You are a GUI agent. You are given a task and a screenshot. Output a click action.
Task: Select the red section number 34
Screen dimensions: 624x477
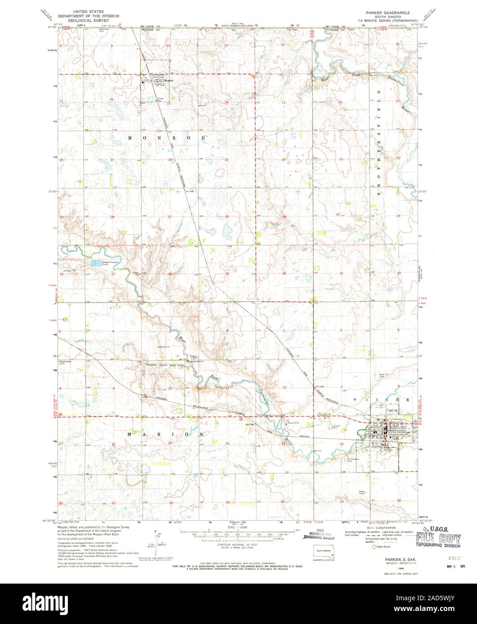[170, 274]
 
